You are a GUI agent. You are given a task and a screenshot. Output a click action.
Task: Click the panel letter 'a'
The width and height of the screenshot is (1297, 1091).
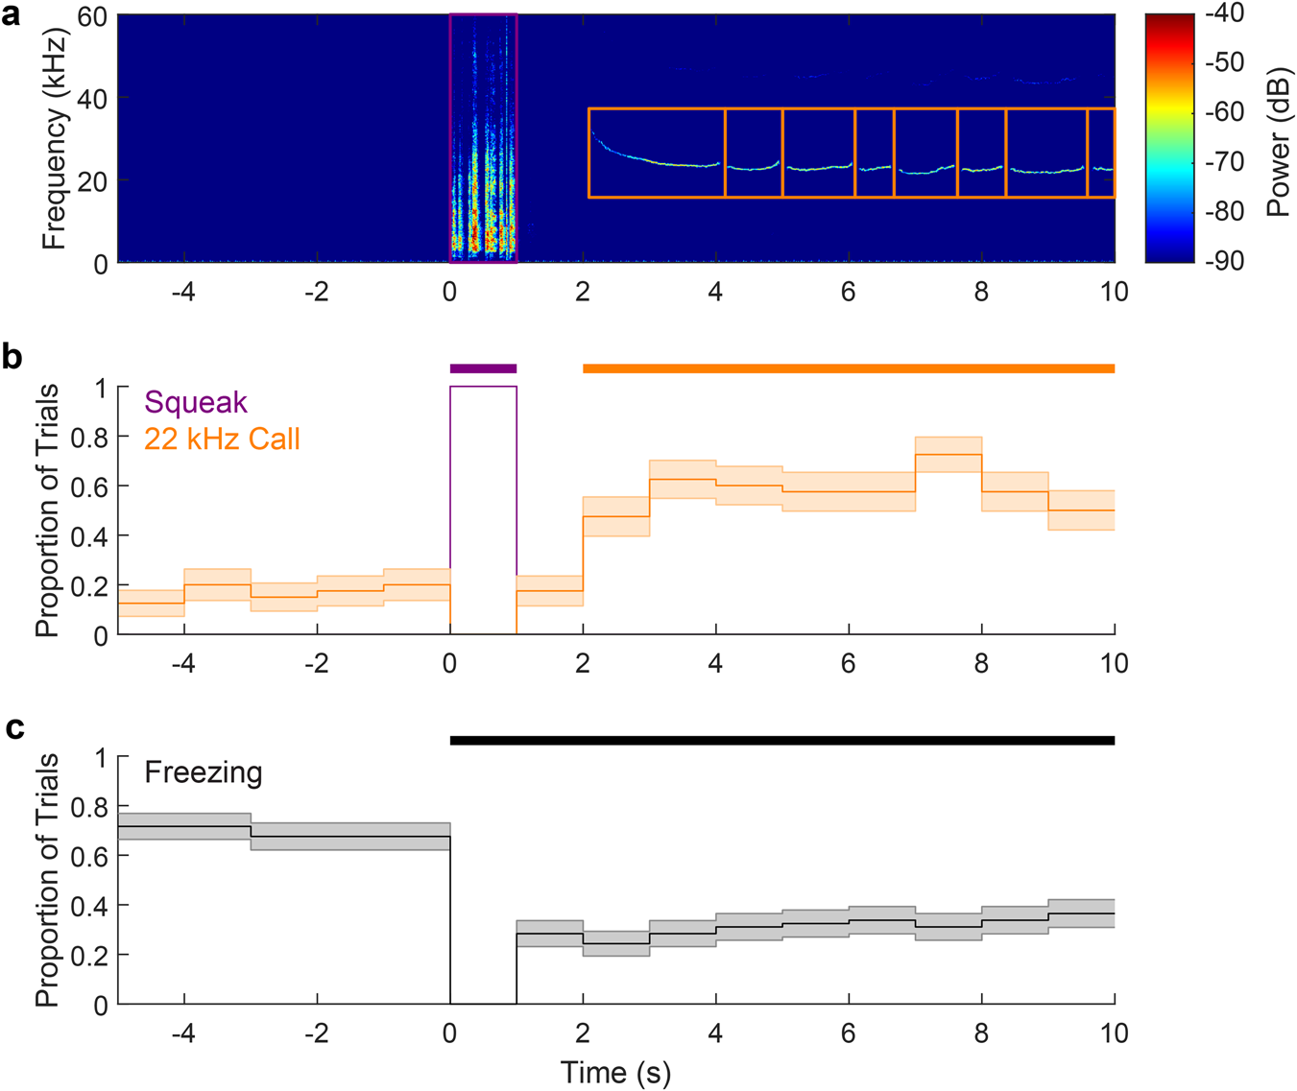coord(12,16)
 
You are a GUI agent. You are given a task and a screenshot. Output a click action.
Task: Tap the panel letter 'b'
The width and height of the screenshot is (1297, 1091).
coord(12,357)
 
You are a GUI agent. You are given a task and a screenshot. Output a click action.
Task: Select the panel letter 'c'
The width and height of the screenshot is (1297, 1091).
coord(13,728)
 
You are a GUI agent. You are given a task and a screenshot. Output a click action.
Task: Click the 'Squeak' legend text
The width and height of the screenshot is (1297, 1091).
coord(196,402)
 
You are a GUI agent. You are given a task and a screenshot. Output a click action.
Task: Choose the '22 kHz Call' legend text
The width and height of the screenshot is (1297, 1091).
coord(222,439)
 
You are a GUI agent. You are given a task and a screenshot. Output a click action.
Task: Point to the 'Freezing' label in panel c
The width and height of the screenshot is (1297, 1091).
coord(204,772)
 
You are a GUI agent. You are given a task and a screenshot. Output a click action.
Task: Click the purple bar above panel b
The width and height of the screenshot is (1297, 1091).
coord(483,368)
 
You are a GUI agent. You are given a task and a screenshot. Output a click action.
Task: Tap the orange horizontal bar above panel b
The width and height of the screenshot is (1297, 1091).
coord(848,368)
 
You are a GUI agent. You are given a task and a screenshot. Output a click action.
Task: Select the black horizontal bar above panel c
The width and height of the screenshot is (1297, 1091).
coord(781,740)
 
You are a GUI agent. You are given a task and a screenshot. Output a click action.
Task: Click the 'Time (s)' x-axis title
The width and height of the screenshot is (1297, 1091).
coord(615,1072)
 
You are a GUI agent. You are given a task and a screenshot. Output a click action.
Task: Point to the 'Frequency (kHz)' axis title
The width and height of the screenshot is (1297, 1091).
coord(55,139)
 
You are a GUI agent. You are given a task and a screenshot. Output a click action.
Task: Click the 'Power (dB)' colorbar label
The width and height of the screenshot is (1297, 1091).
coord(1278,142)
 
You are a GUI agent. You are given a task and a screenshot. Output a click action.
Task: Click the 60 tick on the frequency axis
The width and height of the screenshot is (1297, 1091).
coord(91,16)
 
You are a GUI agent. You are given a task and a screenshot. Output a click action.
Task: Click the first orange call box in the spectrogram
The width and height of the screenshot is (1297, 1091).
coord(657,153)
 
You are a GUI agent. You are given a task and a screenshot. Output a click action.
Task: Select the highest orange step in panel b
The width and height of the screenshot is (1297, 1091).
coord(948,454)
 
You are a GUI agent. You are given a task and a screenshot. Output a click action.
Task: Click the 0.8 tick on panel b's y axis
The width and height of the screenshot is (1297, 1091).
coord(92,437)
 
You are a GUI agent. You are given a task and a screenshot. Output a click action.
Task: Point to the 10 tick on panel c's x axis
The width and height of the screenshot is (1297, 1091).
coord(1114,1033)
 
